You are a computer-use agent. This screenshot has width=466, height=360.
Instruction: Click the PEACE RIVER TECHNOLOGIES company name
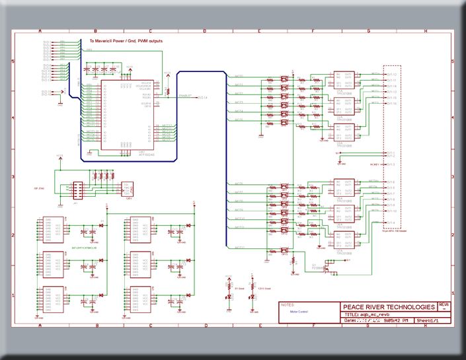[x=389, y=307]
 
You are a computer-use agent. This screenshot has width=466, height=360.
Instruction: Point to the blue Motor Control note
[x=299, y=311]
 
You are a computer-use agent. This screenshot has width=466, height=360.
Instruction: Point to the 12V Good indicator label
[x=263, y=289]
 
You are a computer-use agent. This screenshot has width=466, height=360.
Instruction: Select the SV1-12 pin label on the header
[x=391, y=75]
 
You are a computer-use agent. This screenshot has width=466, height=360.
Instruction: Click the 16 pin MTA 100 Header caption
[x=393, y=231]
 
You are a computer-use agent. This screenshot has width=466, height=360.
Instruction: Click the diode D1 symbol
[x=101, y=226]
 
